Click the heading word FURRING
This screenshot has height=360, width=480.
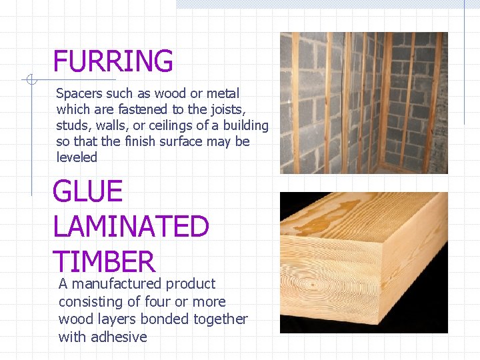pos(113,61)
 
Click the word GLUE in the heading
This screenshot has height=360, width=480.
pos(87,193)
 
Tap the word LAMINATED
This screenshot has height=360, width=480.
pos(131,227)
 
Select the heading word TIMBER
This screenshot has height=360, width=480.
pos(103,262)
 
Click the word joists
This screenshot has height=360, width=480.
pos(224,110)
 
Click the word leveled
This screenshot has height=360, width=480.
pos(77,158)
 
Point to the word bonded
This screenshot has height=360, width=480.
pos(168,319)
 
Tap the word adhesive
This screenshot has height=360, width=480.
pos(119,337)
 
